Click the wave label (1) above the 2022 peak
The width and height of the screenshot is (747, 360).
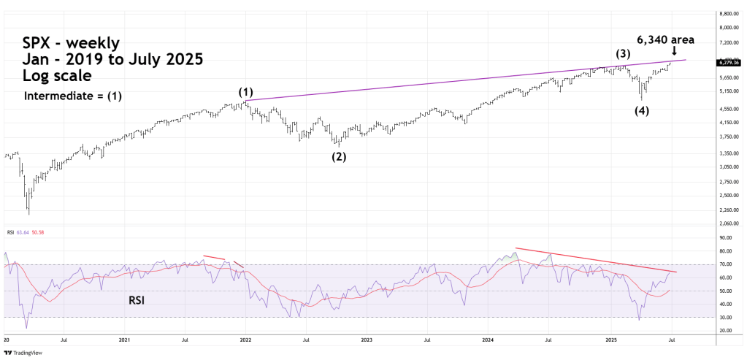tap(245, 93)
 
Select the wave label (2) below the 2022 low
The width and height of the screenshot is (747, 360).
tap(339, 156)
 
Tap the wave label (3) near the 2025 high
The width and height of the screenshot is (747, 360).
tap(622, 53)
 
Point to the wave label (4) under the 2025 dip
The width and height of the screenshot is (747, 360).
tap(641, 110)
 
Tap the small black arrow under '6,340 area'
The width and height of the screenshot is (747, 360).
tap(673, 51)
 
